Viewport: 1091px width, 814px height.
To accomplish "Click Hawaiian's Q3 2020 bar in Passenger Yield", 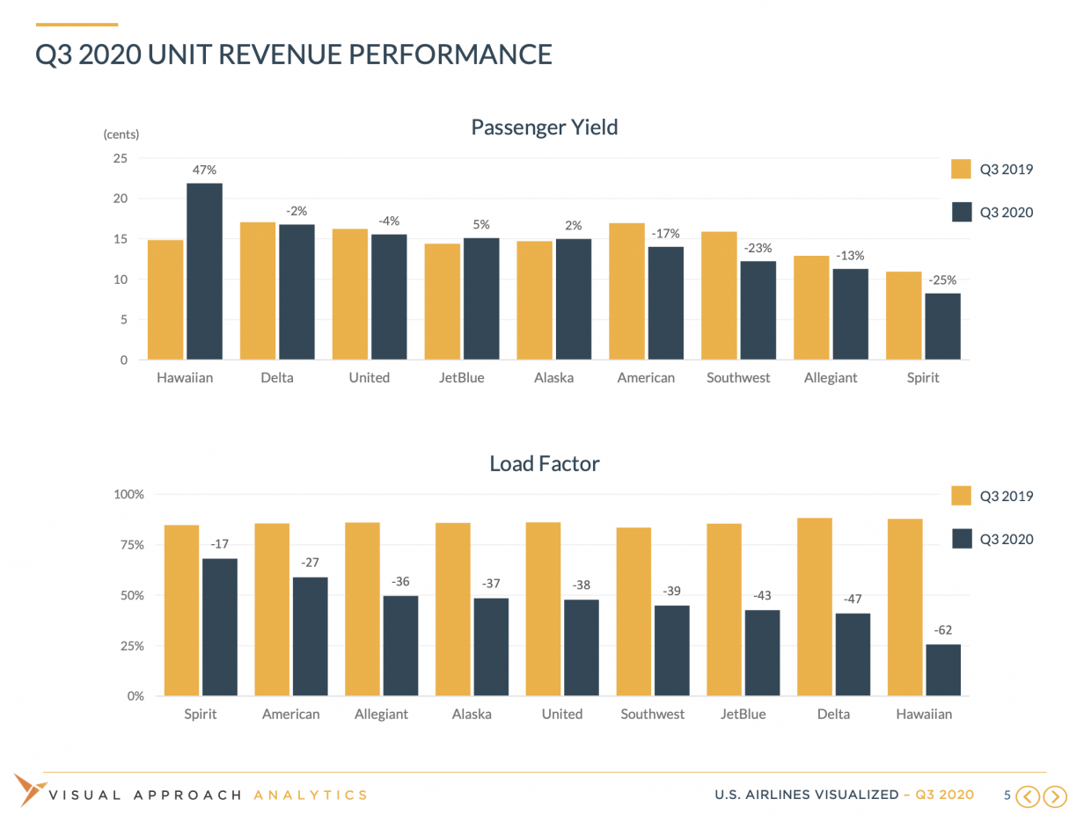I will (204, 272).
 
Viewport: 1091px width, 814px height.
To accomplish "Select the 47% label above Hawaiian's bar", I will (204, 170).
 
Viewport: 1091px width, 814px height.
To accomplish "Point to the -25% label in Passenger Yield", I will (942, 280).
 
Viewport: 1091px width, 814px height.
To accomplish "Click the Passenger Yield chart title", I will (544, 127).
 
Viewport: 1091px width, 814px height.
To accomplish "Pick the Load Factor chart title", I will (544, 463).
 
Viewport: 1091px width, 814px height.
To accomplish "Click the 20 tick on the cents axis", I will (120, 199).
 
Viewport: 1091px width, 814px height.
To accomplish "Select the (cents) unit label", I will (121, 134).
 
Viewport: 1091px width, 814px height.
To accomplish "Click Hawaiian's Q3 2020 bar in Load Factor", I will (942, 670).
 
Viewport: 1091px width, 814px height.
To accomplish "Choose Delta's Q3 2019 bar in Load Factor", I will (815, 607).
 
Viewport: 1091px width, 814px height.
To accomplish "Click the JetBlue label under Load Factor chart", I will (743, 714).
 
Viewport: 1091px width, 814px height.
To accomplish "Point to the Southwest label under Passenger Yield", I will (738, 378).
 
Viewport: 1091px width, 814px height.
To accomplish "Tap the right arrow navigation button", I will (1055, 796).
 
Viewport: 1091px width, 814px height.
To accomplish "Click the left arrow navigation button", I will (1028, 796).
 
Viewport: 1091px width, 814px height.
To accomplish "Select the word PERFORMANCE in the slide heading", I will (450, 55).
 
